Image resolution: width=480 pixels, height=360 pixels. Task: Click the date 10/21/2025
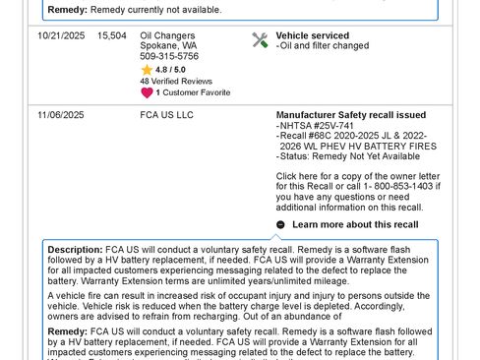point(60,35)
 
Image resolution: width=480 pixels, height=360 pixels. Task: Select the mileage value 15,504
point(111,35)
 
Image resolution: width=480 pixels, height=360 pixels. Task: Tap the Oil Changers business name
point(168,35)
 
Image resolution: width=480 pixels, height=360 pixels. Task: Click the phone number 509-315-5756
point(169,57)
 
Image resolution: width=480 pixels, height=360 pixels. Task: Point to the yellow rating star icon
point(147,70)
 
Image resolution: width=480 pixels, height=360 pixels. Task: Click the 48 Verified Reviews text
point(176,81)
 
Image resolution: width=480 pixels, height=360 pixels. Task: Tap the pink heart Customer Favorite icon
point(147,92)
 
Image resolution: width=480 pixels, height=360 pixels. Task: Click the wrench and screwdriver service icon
point(260,40)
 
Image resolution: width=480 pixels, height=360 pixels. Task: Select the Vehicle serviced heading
point(312,35)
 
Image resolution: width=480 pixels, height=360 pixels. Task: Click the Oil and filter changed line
point(323,46)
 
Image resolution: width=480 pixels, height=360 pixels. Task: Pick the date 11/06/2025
point(60,115)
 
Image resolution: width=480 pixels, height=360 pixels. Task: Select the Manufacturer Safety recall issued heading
point(350,115)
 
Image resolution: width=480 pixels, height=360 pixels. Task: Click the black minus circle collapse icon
point(281,224)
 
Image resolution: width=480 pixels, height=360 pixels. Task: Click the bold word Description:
point(75,250)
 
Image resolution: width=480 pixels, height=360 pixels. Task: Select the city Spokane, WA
point(168,46)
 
